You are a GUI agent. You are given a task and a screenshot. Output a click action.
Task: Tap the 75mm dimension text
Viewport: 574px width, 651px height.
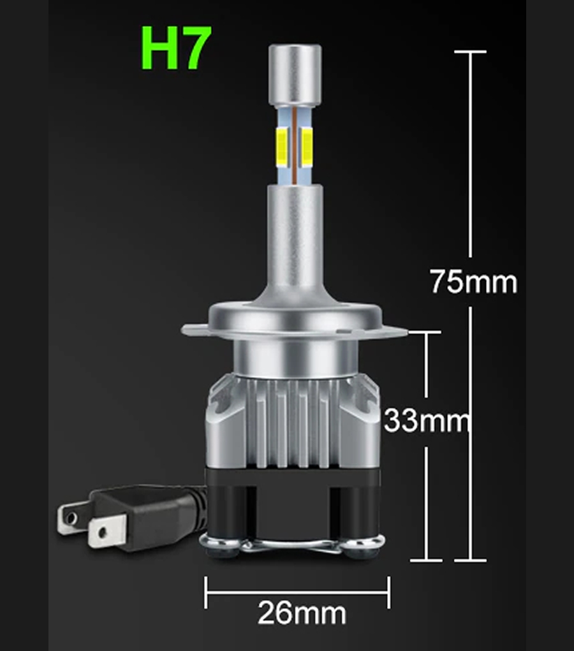473,281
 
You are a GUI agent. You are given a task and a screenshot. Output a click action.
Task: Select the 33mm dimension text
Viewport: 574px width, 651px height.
426,421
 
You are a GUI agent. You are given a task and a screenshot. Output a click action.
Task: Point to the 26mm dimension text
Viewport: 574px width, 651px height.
302,613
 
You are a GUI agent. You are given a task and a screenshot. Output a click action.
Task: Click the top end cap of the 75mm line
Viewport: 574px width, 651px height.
470,52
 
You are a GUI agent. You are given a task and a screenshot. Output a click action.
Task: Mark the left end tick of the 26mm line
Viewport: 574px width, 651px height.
205,593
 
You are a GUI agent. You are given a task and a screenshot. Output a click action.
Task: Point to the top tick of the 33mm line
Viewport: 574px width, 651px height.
425,332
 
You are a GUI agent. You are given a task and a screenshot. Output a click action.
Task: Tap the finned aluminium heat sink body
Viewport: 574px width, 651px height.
293,421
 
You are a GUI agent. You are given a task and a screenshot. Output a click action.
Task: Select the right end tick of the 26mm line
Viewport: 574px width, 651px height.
388,593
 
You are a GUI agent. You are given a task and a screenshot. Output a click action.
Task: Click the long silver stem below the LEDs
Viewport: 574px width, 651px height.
295,236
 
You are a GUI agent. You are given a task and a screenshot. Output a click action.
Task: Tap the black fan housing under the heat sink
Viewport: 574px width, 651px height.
293,504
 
